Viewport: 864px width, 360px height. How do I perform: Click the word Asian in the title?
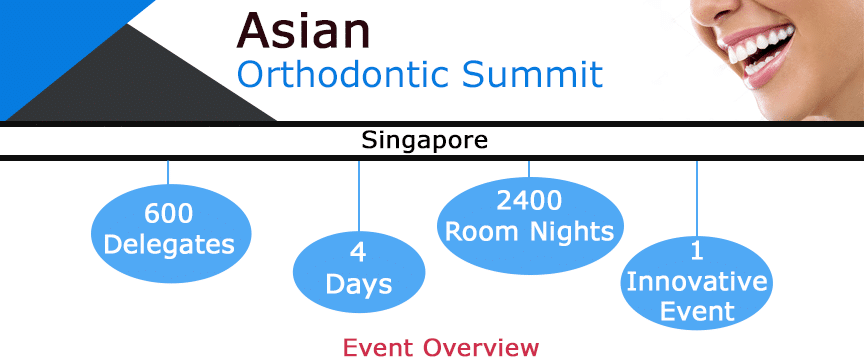coord(303,30)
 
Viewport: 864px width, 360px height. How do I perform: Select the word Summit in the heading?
coord(532,74)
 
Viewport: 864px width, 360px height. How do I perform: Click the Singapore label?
coord(424,140)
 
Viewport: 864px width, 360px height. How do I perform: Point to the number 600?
coord(169,213)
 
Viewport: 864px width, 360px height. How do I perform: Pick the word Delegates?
coord(169,245)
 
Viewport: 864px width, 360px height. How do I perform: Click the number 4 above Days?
coord(358,252)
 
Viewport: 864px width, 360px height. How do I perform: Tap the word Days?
coord(359,284)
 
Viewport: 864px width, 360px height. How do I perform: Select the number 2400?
coord(529,201)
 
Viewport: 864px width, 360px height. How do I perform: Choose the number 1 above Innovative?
coord(696,251)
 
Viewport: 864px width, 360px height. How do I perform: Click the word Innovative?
coord(696,282)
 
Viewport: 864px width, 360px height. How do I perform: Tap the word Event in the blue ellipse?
coord(697,311)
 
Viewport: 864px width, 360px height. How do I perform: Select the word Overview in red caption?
coord(480,347)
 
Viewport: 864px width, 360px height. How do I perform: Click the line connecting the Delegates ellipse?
coord(168,173)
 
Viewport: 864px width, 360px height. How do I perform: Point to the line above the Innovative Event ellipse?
coord(696,198)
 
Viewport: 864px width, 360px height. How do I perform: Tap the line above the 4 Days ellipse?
coord(359,196)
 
